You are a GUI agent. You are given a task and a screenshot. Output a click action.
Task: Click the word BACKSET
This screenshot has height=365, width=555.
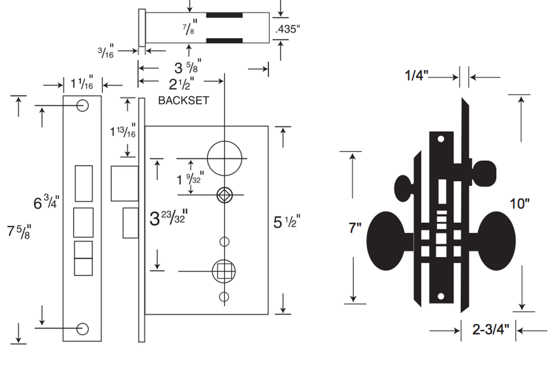pyautogui.click(x=183, y=101)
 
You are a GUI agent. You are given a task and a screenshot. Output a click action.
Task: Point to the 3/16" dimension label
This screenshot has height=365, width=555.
pyautogui.click(x=105, y=51)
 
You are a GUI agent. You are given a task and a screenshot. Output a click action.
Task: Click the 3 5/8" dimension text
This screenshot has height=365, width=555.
pyautogui.click(x=188, y=68)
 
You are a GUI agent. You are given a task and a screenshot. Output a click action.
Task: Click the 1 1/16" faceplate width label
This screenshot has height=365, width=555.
pyautogui.click(x=82, y=83)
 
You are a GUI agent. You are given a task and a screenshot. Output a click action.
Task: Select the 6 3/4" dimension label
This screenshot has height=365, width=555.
pyautogui.click(x=46, y=202)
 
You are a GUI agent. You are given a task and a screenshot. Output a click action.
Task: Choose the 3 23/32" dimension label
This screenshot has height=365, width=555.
pyautogui.click(x=167, y=218)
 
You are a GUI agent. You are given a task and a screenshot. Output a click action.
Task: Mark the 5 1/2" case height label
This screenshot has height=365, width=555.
pyautogui.click(x=287, y=222)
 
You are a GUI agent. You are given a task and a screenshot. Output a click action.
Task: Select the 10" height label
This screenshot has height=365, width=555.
pyautogui.click(x=519, y=203)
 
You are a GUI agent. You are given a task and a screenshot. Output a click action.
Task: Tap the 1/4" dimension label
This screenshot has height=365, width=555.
pyautogui.click(x=417, y=76)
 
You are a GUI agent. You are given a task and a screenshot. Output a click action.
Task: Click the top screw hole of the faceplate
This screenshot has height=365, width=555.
pyautogui.click(x=82, y=105)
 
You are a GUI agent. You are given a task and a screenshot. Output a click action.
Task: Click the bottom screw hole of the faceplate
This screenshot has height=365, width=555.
pyautogui.click(x=82, y=329)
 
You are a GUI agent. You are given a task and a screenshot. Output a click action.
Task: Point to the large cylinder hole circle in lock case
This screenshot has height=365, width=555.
pyautogui.click(x=224, y=158)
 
